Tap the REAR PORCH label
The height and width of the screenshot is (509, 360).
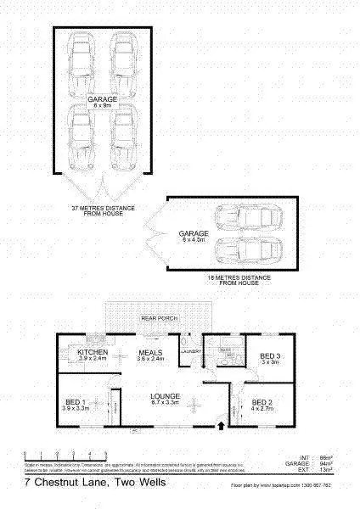pyautogui.click(x=157, y=318)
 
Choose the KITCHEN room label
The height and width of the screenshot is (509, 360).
pyautogui.click(x=91, y=353)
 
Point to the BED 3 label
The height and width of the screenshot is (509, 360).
pyautogui.click(x=269, y=357)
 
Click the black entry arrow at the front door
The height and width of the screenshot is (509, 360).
pyautogui.click(x=222, y=429)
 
